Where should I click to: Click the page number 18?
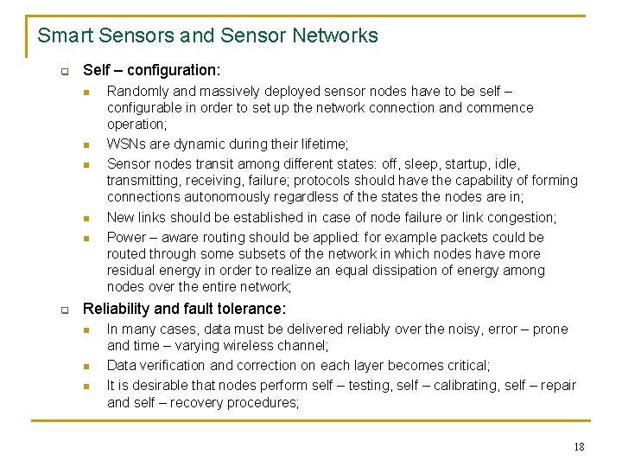click(x=579, y=447)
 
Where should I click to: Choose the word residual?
click(x=131, y=271)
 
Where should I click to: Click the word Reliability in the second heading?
click(x=116, y=309)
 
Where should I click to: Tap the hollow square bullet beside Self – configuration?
click(x=64, y=71)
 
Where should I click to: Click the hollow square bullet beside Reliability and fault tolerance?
click(x=64, y=310)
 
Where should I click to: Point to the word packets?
click(x=444, y=237)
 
